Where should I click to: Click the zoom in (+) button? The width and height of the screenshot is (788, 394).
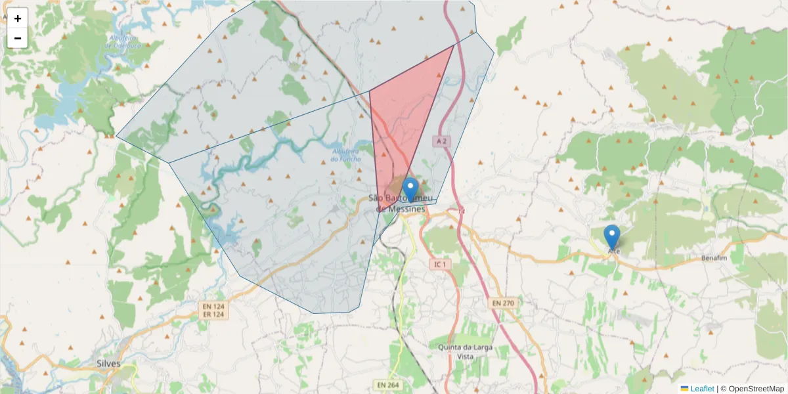[18, 18]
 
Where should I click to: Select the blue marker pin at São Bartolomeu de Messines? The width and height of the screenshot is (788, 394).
[410, 189]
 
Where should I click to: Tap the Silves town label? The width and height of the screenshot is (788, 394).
[108, 362]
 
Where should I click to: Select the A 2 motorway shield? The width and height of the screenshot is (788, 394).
[443, 141]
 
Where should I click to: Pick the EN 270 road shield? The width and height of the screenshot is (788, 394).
[502, 303]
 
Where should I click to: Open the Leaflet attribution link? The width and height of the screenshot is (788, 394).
[702, 389]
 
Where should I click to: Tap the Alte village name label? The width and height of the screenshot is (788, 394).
[614, 251]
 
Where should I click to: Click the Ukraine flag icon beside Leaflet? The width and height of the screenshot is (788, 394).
[684, 389]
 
